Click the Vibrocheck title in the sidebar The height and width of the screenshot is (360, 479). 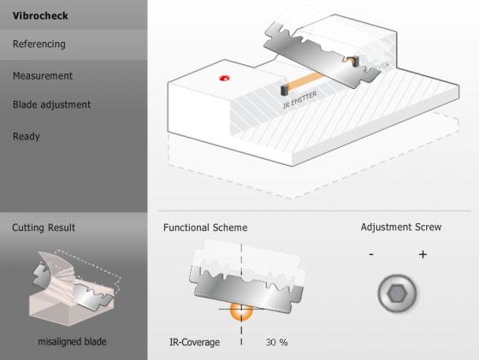click(x=40, y=15)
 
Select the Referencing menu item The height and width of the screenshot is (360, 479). click(x=38, y=44)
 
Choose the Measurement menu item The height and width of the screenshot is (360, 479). click(x=43, y=75)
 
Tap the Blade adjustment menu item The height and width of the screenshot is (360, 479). click(x=51, y=104)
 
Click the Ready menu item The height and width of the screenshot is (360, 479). click(x=27, y=136)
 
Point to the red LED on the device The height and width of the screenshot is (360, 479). click(x=225, y=79)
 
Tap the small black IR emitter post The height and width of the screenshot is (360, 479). click(x=283, y=89)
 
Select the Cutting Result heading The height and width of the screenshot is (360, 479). click(x=44, y=227)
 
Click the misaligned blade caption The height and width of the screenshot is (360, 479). click(x=71, y=342)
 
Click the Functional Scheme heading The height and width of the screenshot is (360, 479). click(x=205, y=227)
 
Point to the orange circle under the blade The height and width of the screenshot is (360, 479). click(x=240, y=313)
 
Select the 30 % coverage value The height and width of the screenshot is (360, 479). click(x=276, y=342)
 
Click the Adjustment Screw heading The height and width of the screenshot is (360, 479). click(x=401, y=227)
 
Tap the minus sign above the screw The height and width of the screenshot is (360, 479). click(x=370, y=254)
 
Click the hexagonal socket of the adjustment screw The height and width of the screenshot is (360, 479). click(x=396, y=293)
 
